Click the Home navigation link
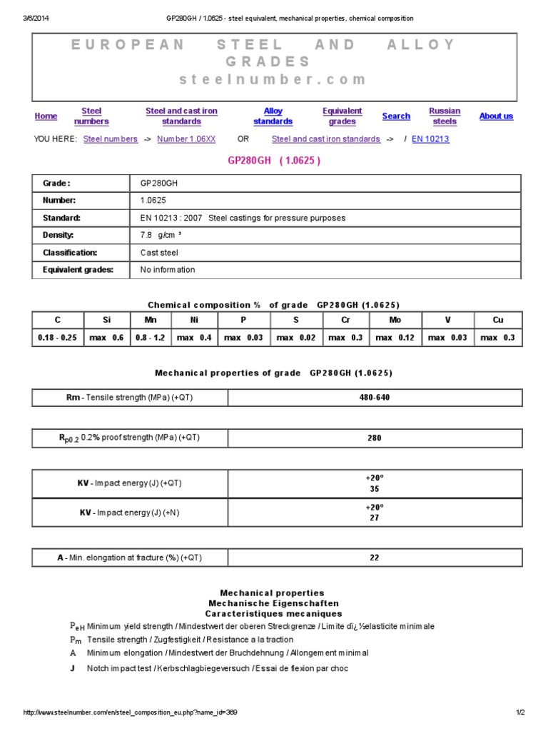tap(46, 116)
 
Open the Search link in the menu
tap(396, 116)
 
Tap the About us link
tap(496, 116)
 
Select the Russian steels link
tap(445, 116)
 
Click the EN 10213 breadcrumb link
tap(430, 139)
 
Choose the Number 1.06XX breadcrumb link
tap(186, 139)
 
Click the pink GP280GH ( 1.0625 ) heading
tap(274, 161)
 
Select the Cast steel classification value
tap(159, 253)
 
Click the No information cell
tap(168, 270)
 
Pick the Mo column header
tap(395, 320)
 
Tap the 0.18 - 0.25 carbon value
tap(57, 338)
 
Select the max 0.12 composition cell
tap(395, 338)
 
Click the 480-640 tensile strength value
tap(375, 398)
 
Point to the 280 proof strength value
tap(375, 438)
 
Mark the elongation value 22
tap(375, 558)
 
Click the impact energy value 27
tap(375, 518)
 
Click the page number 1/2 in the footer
tap(520, 712)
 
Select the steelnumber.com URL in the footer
tap(131, 712)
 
